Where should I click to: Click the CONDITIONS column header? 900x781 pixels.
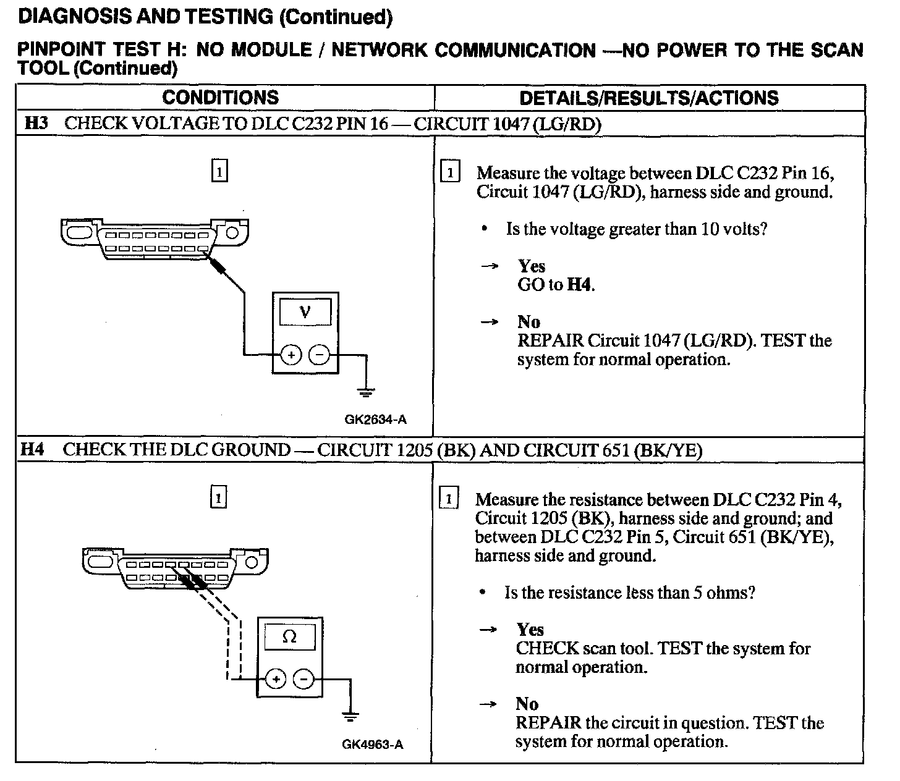(220, 98)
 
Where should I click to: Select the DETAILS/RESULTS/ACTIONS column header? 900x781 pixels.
(648, 98)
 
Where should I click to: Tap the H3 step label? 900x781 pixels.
(36, 124)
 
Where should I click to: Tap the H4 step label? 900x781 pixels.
(33, 449)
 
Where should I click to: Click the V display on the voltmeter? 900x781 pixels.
(305, 312)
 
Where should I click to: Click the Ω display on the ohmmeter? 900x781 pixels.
(289, 637)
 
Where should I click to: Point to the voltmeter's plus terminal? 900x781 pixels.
(291, 355)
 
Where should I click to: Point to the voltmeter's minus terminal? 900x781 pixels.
(319, 355)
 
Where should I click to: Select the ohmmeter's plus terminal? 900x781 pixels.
(275, 680)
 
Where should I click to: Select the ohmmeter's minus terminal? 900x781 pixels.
(303, 680)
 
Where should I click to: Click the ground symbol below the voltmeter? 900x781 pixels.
(367, 392)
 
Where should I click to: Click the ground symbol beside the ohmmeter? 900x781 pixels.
(350, 717)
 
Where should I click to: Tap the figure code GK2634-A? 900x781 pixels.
(375, 420)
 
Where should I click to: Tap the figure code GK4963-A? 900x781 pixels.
(372, 745)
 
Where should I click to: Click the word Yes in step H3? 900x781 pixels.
(532, 266)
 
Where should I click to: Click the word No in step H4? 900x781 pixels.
(527, 704)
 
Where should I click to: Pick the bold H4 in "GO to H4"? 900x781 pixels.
(579, 285)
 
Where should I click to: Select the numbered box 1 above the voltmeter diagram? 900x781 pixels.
(219, 171)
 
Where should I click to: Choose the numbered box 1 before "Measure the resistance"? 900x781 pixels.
(449, 499)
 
